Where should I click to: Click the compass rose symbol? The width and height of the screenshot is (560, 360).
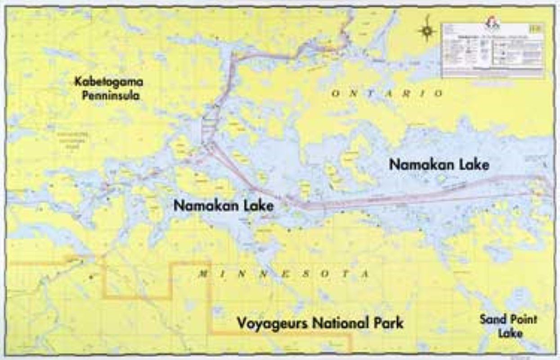427,31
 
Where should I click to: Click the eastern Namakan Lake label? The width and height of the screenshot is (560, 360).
439,165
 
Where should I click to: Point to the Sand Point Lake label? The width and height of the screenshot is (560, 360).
508,326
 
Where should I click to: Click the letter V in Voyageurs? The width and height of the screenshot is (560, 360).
241,323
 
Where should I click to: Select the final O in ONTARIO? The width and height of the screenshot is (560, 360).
439,94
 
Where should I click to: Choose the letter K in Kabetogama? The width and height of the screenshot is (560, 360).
79,83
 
